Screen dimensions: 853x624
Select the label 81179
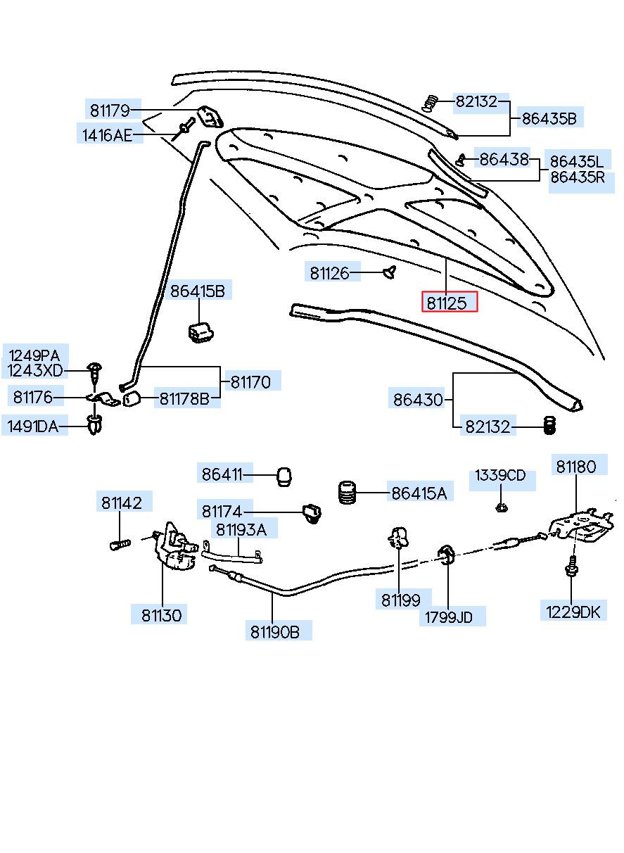point(110,110)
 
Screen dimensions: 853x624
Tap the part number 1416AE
point(107,135)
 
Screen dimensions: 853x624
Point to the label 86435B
point(549,119)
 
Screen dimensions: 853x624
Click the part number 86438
point(504,160)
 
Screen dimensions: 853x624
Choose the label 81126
point(329,273)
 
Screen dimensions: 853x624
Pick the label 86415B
point(198,291)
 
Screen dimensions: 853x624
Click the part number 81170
point(250,382)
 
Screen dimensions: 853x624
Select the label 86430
point(418,400)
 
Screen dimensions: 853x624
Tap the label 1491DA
point(34,425)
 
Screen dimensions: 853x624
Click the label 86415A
point(419,493)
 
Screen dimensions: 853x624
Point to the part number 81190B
point(274,631)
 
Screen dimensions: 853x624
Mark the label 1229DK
point(574,612)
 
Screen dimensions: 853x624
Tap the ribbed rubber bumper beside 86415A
point(347,492)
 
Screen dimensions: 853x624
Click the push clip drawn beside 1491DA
point(94,426)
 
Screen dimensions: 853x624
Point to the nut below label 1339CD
point(501,506)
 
